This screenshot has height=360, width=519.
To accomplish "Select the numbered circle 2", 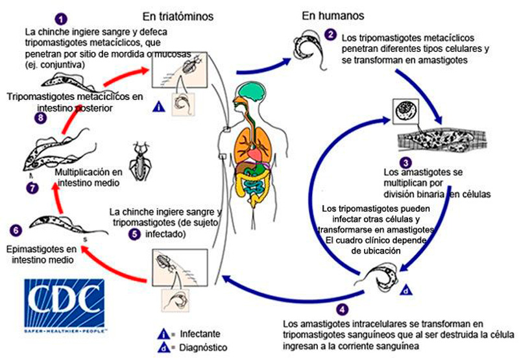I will coord(331,34).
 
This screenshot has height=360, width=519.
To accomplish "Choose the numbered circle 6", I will coord(14,230).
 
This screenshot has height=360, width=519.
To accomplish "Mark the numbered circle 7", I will coord(34,187).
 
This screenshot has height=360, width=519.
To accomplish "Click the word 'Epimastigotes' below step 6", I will coord(40,248).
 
